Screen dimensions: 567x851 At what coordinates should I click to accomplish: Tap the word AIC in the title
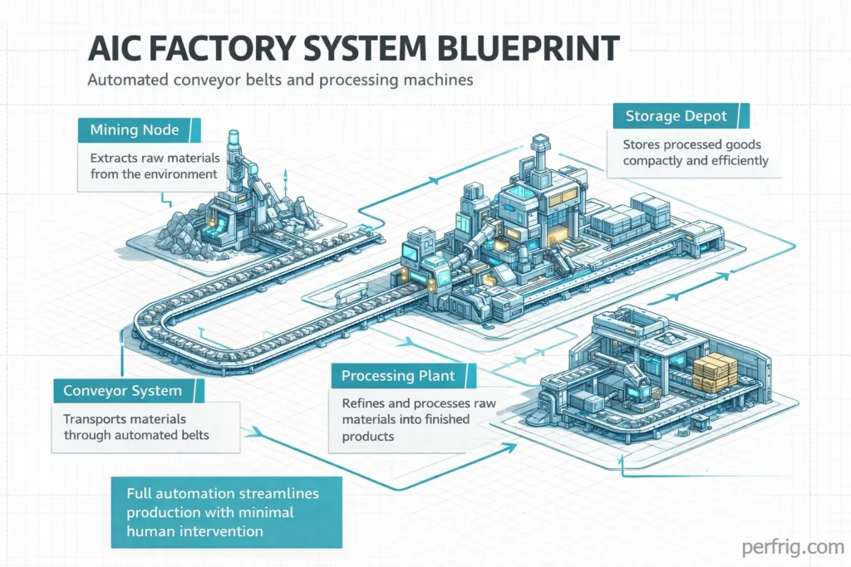[116, 49]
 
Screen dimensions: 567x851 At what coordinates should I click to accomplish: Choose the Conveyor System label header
[116, 390]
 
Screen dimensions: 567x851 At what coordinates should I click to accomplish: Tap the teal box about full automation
[226, 512]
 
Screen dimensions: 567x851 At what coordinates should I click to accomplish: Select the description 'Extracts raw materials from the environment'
[154, 165]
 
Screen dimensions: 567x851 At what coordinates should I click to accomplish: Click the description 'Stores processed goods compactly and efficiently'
[695, 153]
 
